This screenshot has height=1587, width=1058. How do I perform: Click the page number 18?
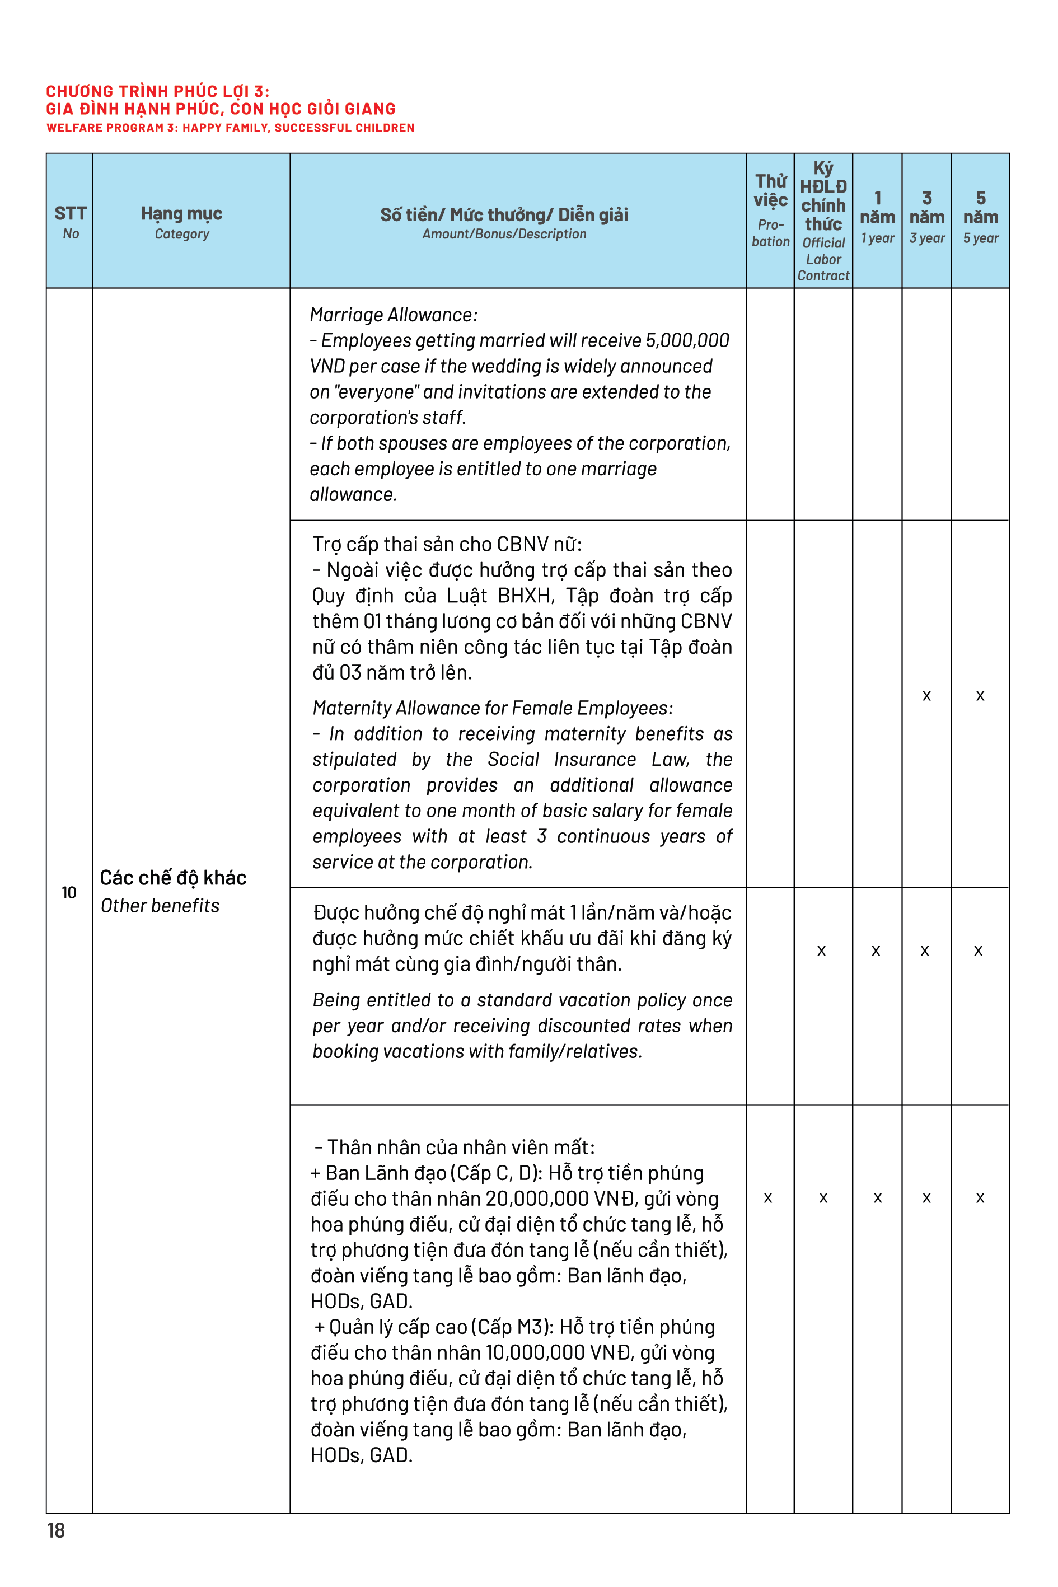[x=56, y=1530]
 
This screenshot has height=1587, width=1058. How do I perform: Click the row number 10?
[x=69, y=893]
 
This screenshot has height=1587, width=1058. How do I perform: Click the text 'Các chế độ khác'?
[x=173, y=877]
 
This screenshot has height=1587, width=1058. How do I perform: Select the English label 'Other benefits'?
[x=160, y=906]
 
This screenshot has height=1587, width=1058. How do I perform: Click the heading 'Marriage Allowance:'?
[x=394, y=315]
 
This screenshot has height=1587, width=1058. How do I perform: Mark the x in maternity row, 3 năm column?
[x=926, y=696]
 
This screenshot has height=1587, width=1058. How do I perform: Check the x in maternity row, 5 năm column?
[x=980, y=696]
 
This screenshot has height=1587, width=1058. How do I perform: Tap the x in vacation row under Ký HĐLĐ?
[x=821, y=951]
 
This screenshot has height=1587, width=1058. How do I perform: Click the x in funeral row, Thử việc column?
[x=768, y=1198]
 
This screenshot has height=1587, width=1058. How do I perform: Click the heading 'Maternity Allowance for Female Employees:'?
[x=493, y=709]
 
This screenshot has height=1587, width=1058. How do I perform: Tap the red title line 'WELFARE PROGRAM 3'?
[x=230, y=128]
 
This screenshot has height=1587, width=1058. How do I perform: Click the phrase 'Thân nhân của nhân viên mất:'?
[x=461, y=1147]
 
